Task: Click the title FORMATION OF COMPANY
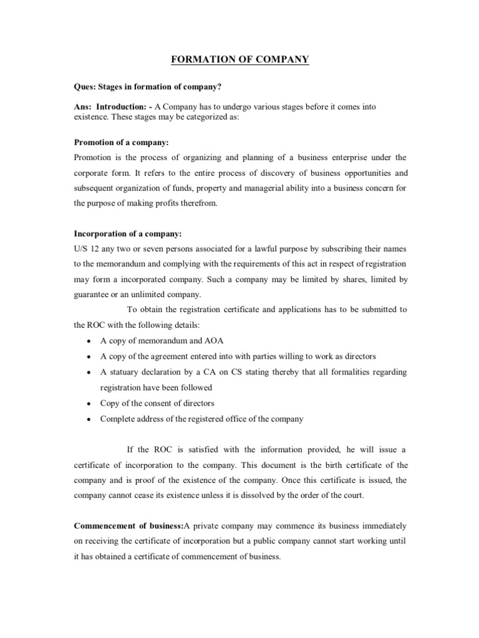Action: [239, 60]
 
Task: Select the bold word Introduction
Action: [123, 107]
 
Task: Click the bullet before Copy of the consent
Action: [91, 403]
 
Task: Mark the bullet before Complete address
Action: [91, 419]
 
